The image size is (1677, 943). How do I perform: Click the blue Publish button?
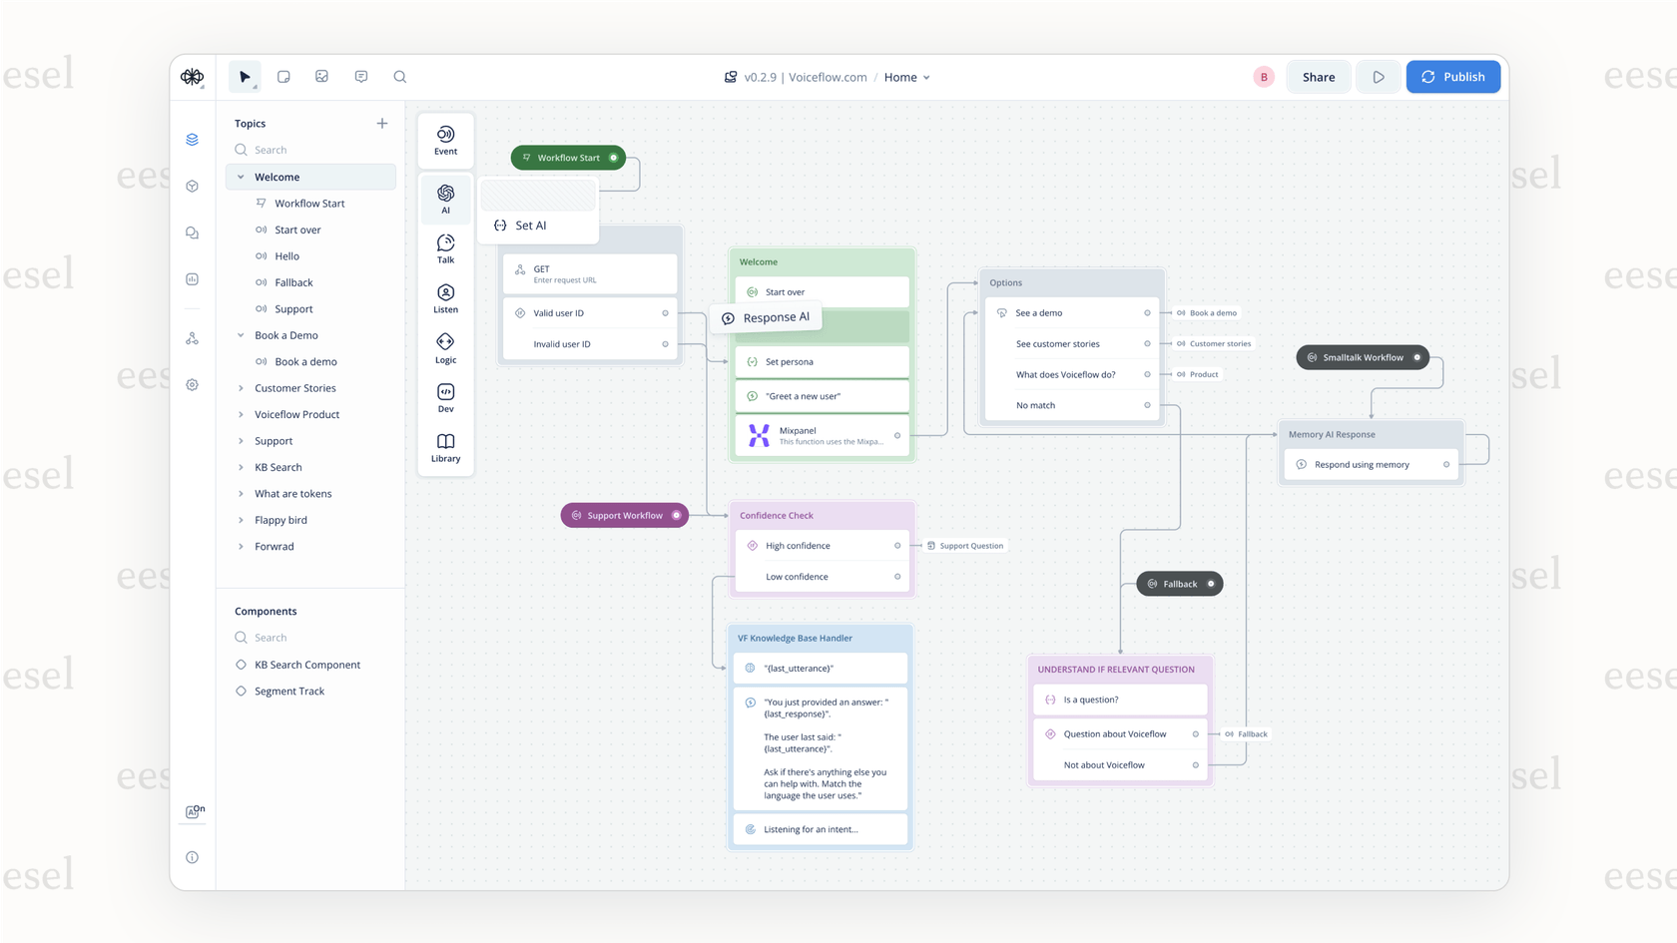[x=1452, y=77]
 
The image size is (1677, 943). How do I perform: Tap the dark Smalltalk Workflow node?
[x=1362, y=357]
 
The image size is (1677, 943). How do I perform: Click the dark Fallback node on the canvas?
[x=1179, y=584]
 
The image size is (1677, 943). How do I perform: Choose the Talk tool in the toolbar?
[x=445, y=248]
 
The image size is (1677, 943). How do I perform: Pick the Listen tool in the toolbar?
[x=445, y=298]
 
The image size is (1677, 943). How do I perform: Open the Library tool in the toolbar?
[x=445, y=447]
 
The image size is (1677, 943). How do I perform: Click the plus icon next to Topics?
[x=382, y=124]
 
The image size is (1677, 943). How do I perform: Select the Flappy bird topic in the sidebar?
[x=280, y=520]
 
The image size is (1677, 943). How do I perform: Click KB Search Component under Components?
[x=306, y=665]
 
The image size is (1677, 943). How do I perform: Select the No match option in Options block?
[x=1035, y=405]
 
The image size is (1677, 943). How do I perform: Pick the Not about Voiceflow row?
[x=1104, y=765]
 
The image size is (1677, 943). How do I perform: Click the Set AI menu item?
[x=531, y=226]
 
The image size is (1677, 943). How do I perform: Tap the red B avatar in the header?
[x=1264, y=77]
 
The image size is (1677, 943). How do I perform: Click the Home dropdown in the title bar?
[x=906, y=77]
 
